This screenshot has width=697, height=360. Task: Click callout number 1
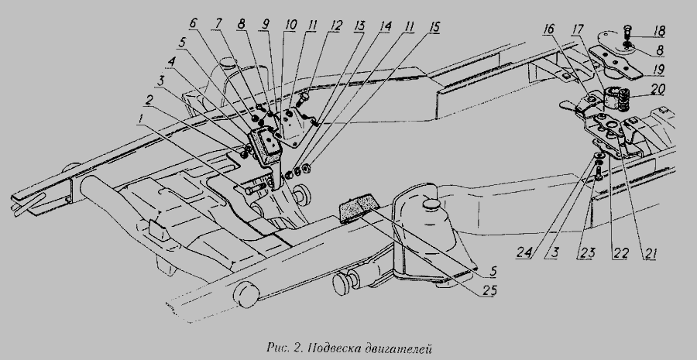[x=141, y=118]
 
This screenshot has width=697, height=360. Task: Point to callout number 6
[x=194, y=24]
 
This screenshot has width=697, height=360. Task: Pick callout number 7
[x=218, y=24]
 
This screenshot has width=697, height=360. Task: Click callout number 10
[x=290, y=25]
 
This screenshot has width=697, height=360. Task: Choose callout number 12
[x=336, y=26]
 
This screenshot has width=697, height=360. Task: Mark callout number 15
[x=434, y=27]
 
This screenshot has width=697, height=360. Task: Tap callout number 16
[x=549, y=29]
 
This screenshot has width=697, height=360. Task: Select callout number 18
[x=659, y=31]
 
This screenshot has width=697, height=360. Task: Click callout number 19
[x=658, y=70]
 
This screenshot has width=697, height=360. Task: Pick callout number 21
[x=649, y=253]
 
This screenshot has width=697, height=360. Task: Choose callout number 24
[x=525, y=252]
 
